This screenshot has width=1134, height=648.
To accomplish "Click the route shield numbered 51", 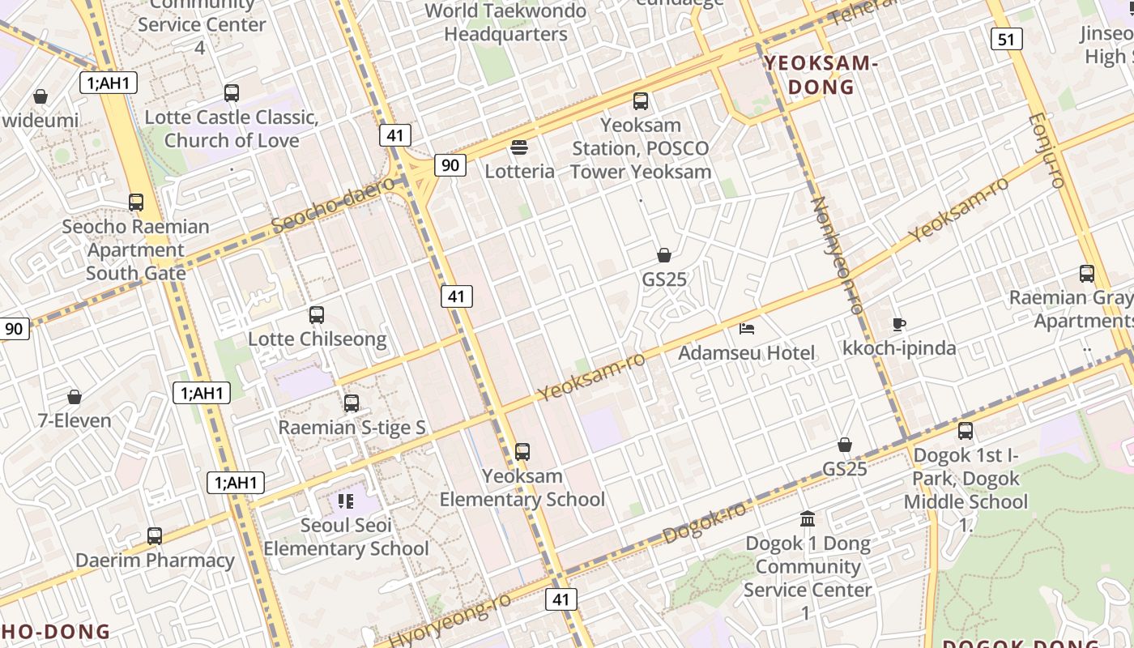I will click(x=1005, y=39).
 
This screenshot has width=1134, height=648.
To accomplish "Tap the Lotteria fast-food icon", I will click(x=519, y=147).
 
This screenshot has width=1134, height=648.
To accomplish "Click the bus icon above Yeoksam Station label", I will click(x=641, y=101).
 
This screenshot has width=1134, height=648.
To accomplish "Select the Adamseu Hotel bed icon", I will click(x=747, y=329).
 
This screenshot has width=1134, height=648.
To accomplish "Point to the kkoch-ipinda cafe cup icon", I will click(x=898, y=325).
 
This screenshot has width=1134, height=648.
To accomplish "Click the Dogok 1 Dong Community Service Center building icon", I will click(x=807, y=518).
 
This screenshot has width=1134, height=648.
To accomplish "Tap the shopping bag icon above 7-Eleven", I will click(x=75, y=397).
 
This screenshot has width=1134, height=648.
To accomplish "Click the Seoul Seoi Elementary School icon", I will click(x=347, y=501).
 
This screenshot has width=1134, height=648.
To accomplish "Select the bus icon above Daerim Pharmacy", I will click(x=154, y=535).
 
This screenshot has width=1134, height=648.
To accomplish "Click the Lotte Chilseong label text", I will click(x=317, y=339).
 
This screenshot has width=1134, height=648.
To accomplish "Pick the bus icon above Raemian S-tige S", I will click(x=351, y=403).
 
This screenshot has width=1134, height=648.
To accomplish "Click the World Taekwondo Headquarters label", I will click(x=505, y=23).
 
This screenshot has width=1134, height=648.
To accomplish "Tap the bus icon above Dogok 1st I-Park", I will click(x=965, y=430).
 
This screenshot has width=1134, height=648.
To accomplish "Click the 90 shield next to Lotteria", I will click(x=450, y=165).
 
